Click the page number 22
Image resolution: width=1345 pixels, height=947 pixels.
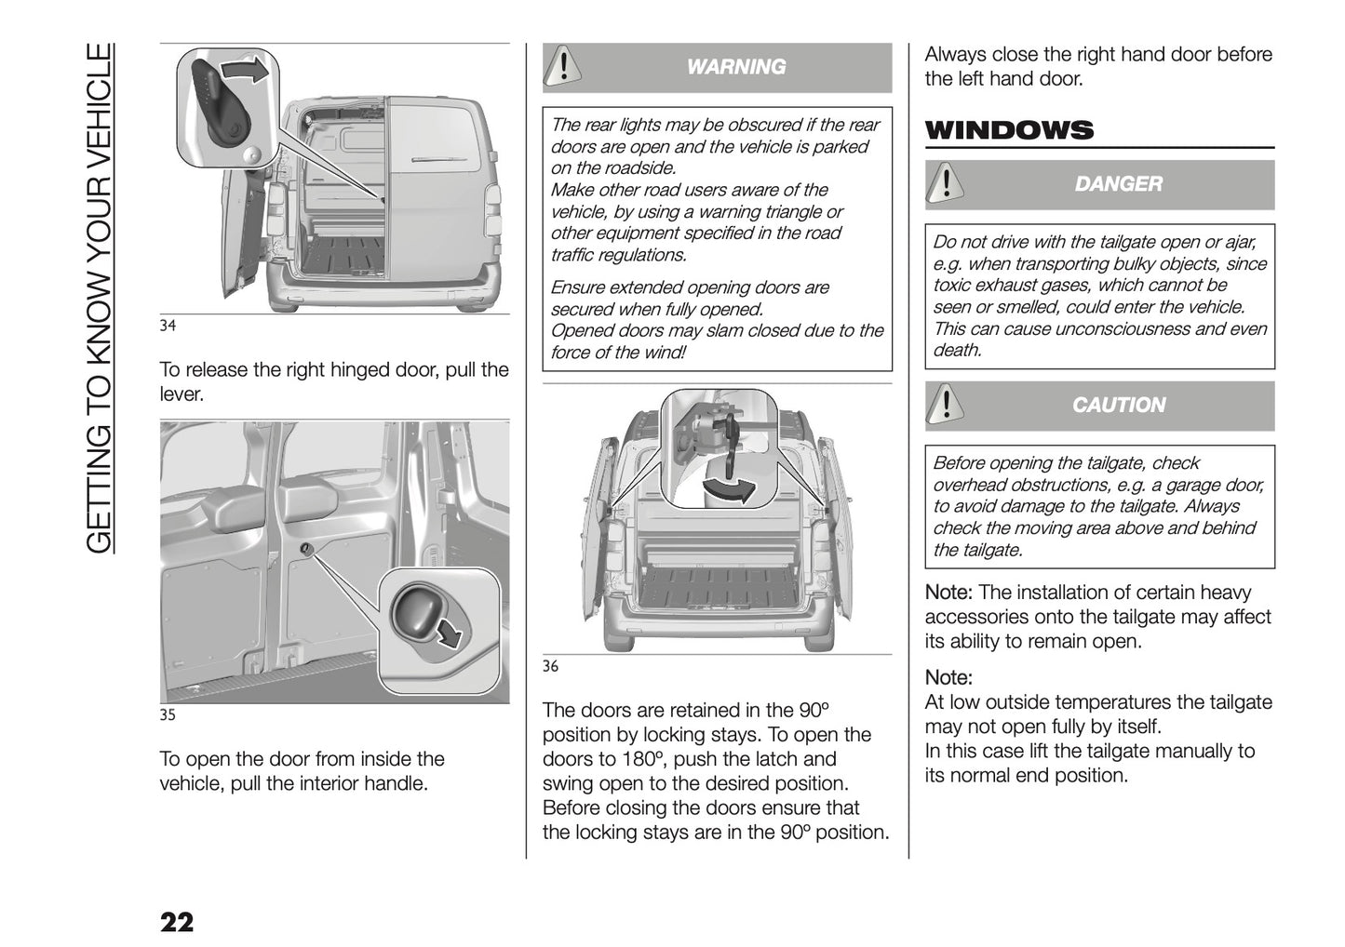coord(177,922)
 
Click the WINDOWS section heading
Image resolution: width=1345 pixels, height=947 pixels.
coord(1009,130)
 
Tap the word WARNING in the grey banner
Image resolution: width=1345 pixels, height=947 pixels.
coord(735,67)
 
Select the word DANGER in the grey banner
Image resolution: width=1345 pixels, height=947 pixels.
coord(1118,184)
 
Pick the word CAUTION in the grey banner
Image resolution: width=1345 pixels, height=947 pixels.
coord(1118,406)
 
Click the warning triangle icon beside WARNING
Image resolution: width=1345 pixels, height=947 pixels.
coord(562,66)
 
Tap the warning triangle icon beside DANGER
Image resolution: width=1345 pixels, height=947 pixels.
coord(946,183)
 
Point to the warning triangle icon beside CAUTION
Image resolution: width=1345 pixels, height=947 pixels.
coord(946,405)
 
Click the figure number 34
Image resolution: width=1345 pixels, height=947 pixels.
coord(168,326)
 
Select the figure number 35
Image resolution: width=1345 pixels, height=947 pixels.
coord(168,715)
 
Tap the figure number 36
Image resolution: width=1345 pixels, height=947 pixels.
coord(550,666)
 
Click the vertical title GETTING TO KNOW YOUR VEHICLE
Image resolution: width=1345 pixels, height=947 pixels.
coord(100,298)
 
